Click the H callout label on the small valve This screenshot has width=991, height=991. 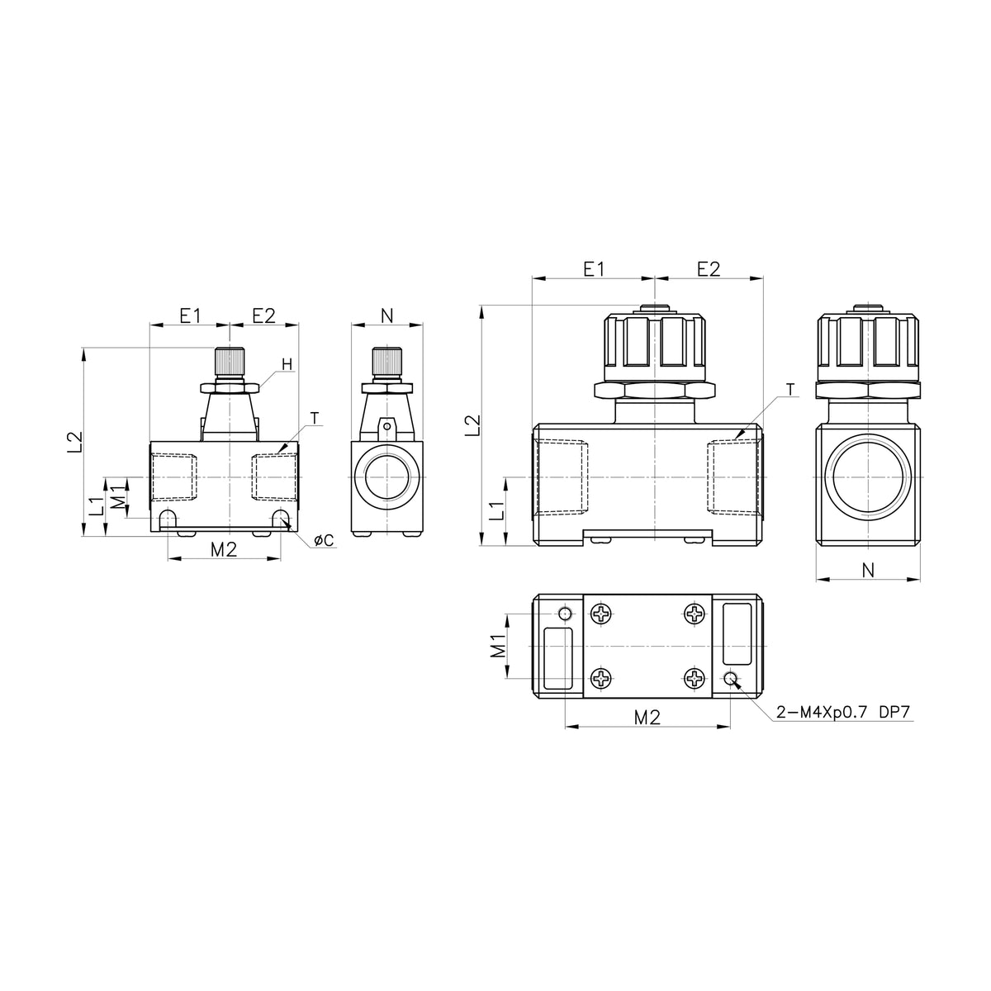(287, 364)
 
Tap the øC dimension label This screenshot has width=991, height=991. (324, 540)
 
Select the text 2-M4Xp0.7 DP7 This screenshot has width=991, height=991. (843, 712)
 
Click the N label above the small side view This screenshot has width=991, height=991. (387, 315)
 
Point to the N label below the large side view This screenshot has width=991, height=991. (868, 569)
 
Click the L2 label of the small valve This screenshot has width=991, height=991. (75, 442)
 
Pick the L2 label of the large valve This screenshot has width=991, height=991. (472, 425)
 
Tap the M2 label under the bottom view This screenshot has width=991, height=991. (647, 717)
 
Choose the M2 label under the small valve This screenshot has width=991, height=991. (224, 550)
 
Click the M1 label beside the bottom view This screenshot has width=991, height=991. (497, 646)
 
